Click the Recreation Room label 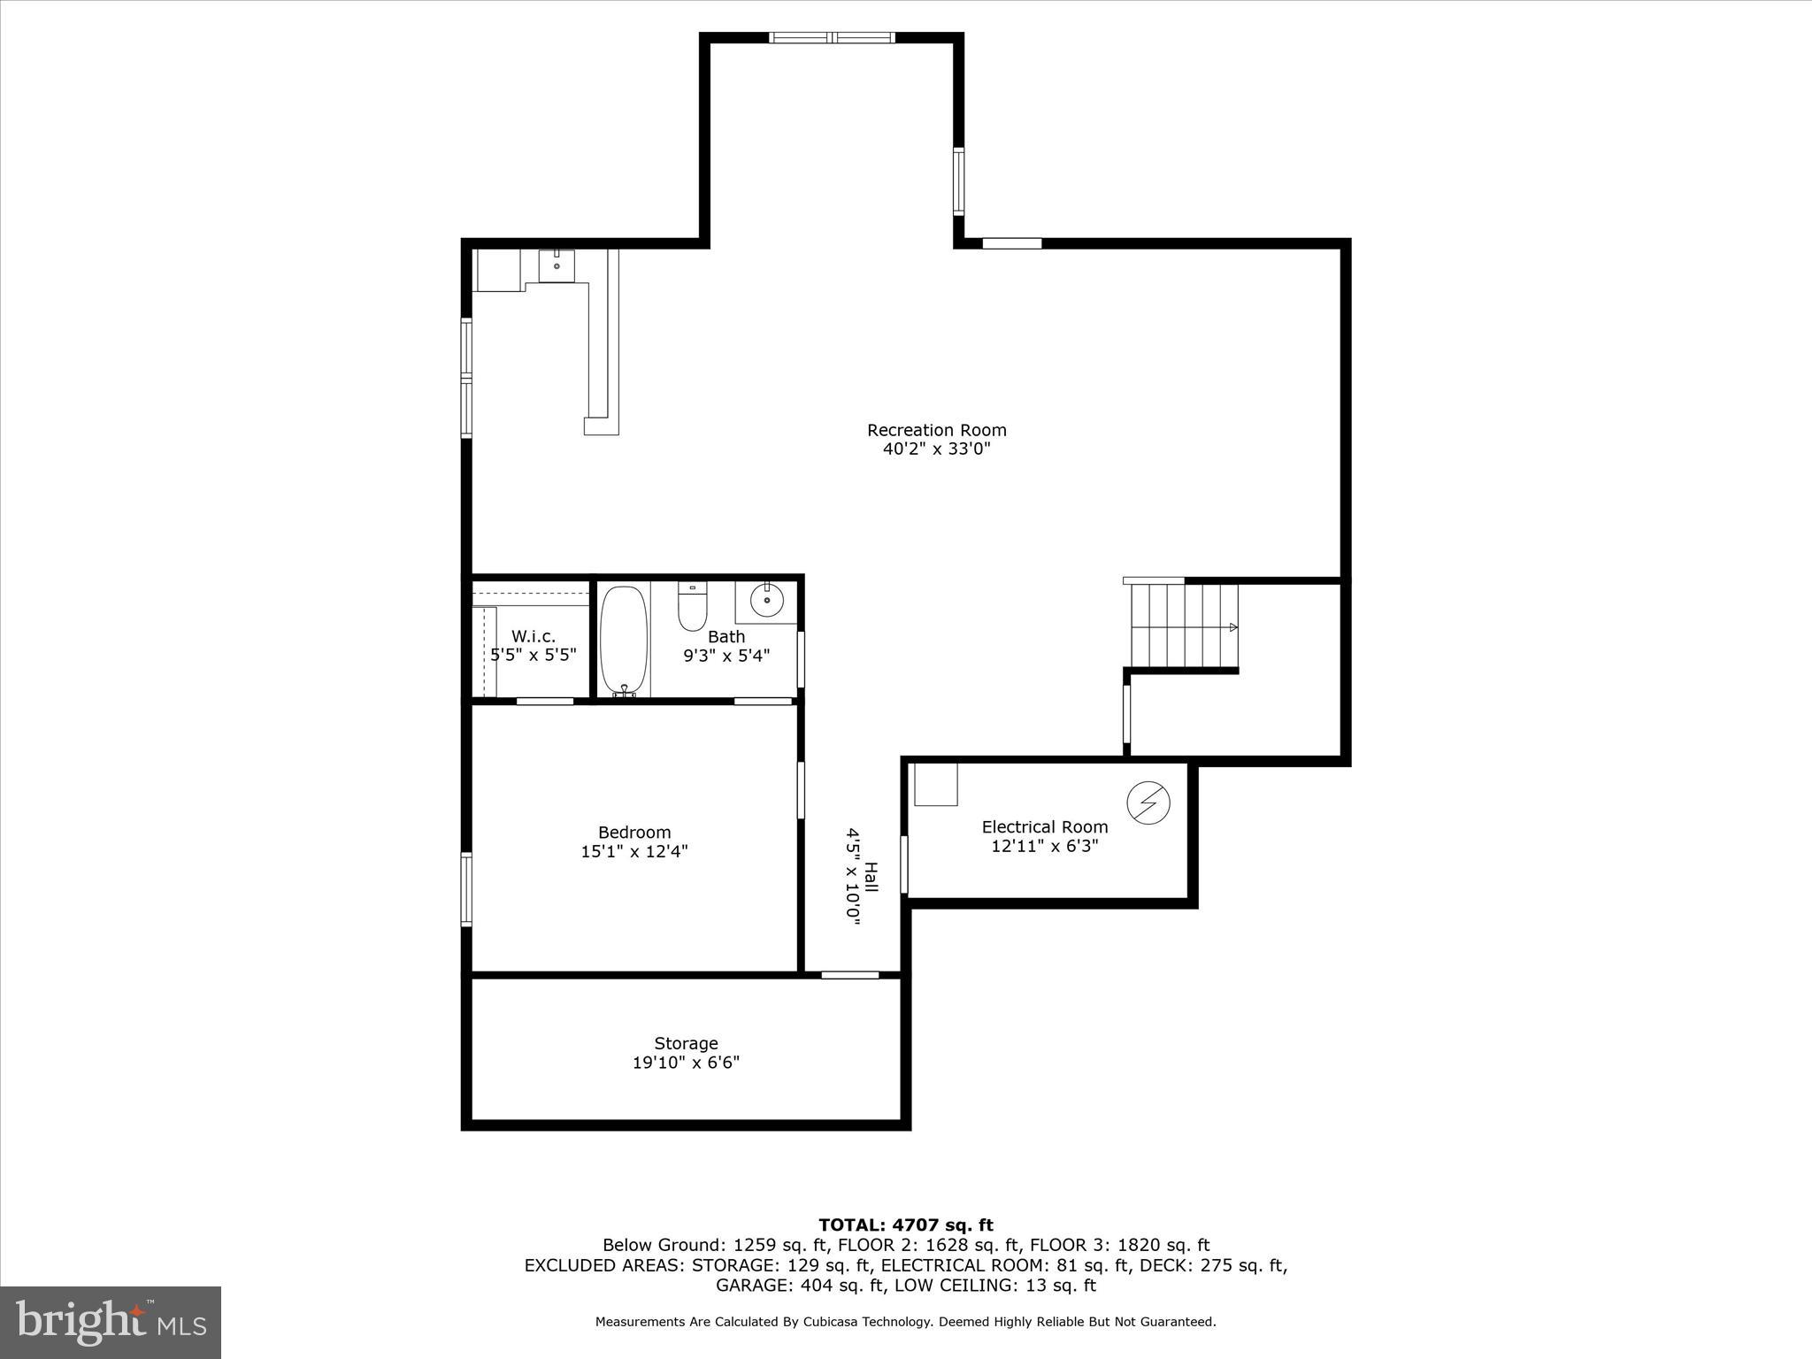[936, 430]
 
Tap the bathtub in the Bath [624, 640]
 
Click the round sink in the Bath [766, 601]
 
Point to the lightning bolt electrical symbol [1148, 802]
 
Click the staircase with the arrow [1184, 626]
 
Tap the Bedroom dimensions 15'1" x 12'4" [633, 852]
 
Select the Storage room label [686, 1043]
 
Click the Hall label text [871, 879]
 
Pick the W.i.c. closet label [534, 636]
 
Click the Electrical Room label [1044, 826]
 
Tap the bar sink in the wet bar [557, 265]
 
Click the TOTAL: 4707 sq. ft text [905, 1225]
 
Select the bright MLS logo [111, 1322]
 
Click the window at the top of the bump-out [831, 37]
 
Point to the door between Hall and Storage [849, 975]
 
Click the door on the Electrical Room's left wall [904, 864]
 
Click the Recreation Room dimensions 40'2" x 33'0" [936, 449]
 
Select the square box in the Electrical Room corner [935, 785]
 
